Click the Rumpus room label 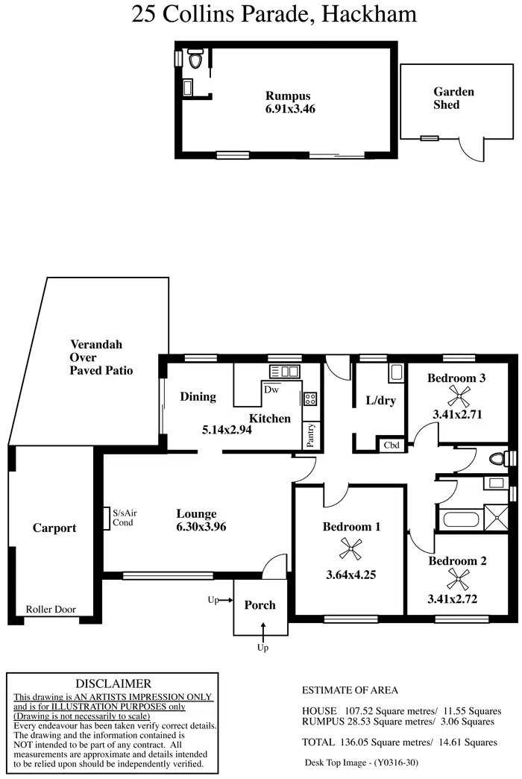point(288,96)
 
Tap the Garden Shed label point(453,98)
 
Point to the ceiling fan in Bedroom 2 point(456,577)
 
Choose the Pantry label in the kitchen point(310,437)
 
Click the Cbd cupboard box point(391,445)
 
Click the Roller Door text point(51,610)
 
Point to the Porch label point(260,605)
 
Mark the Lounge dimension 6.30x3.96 point(196,527)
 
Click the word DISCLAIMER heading point(113,683)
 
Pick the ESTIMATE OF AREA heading point(350,690)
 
